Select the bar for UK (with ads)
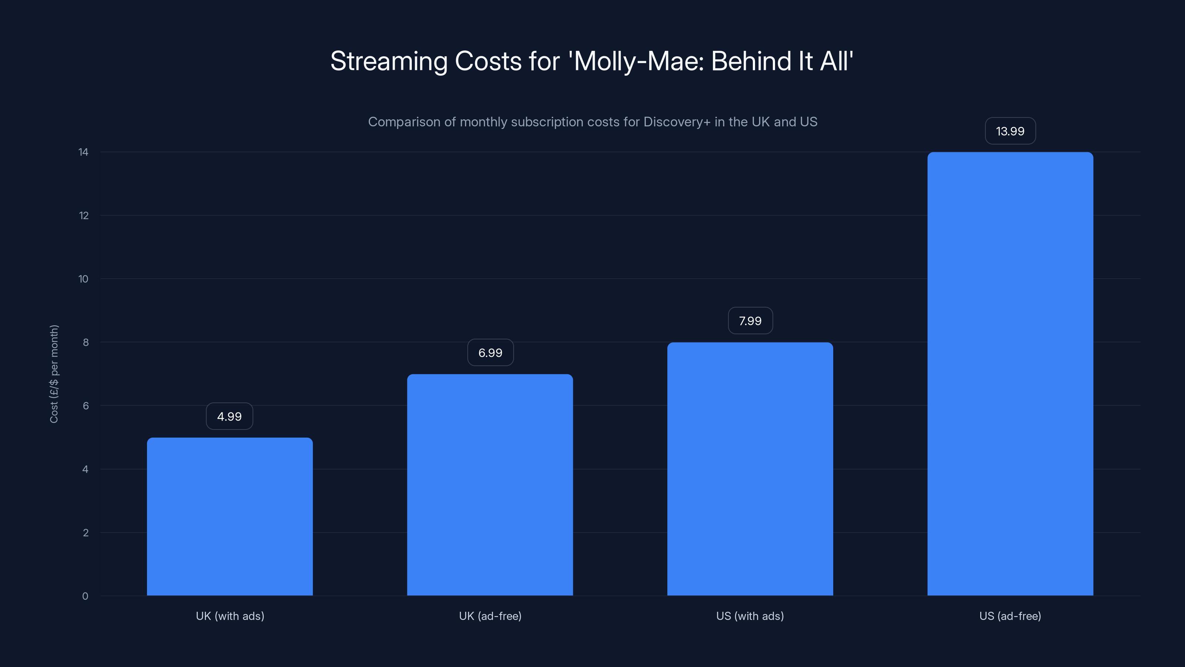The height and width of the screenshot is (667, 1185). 230,517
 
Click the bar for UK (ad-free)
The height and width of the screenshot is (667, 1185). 490,485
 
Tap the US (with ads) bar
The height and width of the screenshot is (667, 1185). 750,469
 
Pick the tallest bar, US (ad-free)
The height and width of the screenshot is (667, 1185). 1010,374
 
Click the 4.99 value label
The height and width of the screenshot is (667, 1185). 230,417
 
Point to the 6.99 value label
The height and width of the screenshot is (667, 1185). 490,353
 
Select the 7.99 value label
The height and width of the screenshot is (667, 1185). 750,321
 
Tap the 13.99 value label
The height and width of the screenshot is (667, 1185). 1010,131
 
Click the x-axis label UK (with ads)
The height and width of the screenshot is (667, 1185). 230,616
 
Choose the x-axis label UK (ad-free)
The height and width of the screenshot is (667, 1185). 490,616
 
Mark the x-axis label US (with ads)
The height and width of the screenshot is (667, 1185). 750,616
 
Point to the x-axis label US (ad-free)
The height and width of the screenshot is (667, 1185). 1010,616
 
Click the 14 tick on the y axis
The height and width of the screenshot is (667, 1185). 83,152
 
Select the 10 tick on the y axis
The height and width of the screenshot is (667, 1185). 83,279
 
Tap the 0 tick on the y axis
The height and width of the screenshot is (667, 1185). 85,596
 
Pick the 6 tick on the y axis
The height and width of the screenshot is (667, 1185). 86,405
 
